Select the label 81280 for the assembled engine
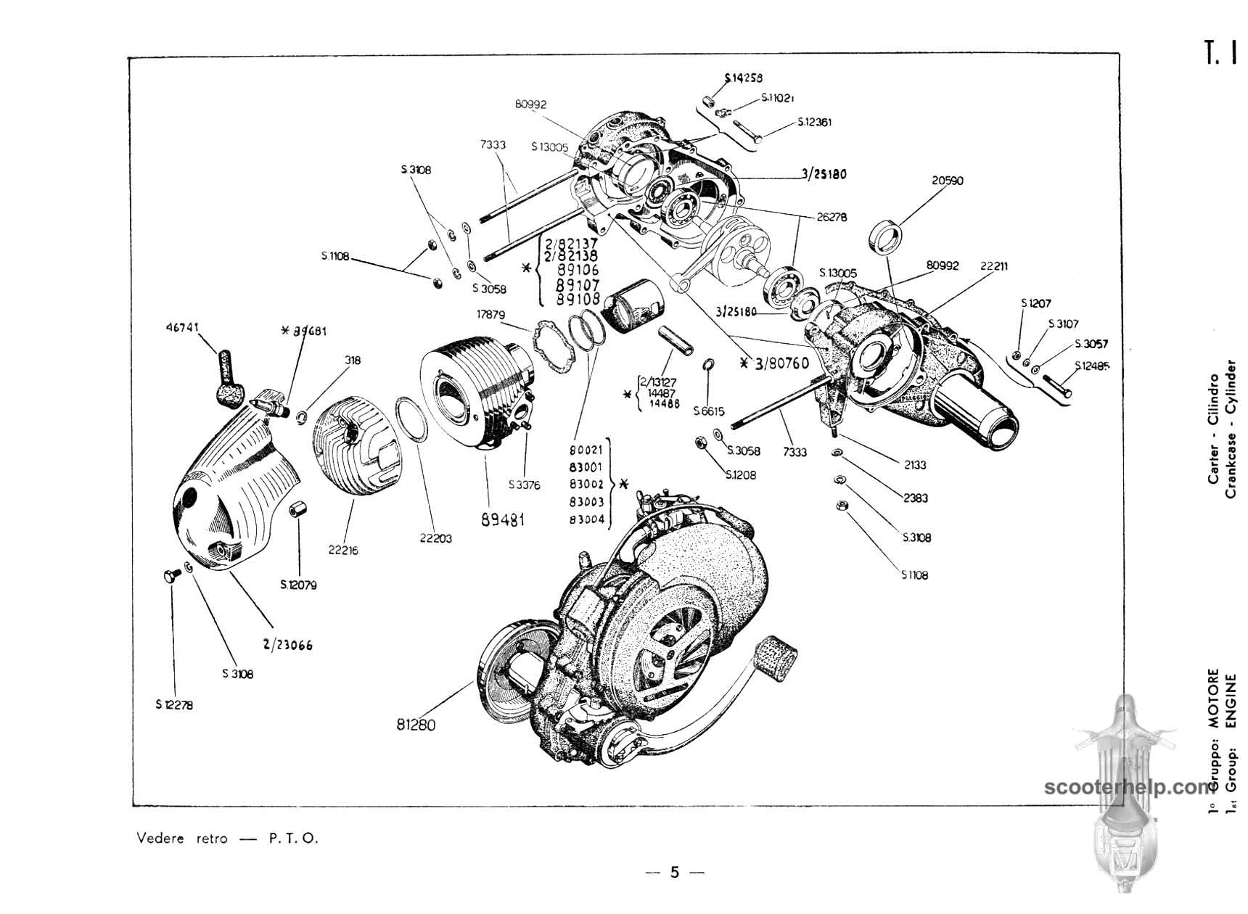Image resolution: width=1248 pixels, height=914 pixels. pyautogui.click(x=416, y=724)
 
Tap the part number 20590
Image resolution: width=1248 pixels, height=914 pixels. pyautogui.click(x=948, y=181)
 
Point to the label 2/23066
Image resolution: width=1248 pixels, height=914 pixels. pyautogui.click(x=288, y=644)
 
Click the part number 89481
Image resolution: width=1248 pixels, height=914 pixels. pyautogui.click(x=502, y=519)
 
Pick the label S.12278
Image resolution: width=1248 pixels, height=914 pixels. pyautogui.click(x=174, y=704)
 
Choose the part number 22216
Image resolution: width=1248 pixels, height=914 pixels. pyautogui.click(x=343, y=550)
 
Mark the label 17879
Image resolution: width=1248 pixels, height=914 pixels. pyautogui.click(x=490, y=315)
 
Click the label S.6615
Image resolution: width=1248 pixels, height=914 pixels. pyautogui.click(x=708, y=411)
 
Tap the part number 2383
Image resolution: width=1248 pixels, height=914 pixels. pyautogui.click(x=915, y=498)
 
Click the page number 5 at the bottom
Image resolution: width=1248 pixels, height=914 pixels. pyautogui.click(x=675, y=872)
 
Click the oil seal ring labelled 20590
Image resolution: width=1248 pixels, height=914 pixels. pyautogui.click(x=887, y=235)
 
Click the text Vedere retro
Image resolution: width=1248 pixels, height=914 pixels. pyautogui.click(x=182, y=839)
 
